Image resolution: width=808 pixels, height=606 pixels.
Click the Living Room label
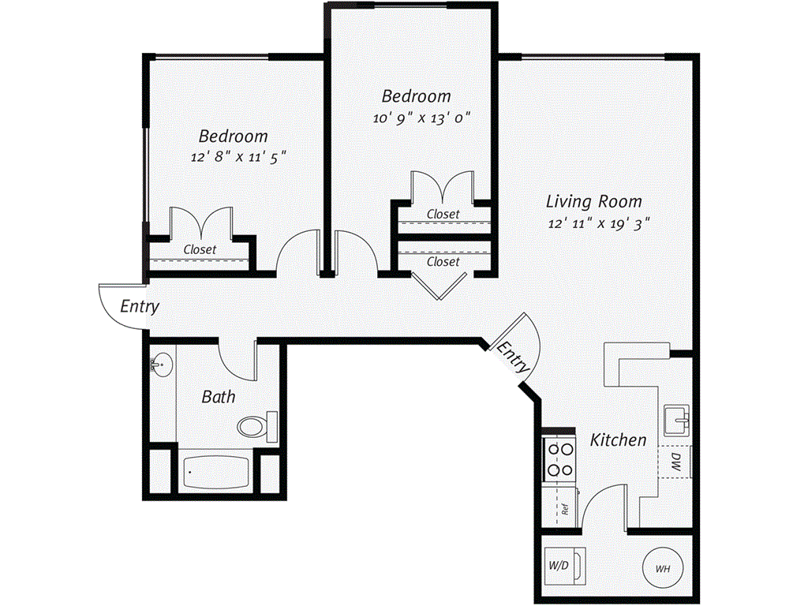[594, 201]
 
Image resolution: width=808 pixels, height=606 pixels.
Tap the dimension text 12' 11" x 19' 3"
[597, 223]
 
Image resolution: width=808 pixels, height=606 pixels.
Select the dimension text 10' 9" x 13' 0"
[422, 119]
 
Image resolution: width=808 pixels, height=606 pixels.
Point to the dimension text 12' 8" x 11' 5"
[238, 156]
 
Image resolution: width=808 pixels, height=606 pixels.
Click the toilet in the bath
[255, 427]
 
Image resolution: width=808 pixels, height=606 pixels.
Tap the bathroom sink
[161, 365]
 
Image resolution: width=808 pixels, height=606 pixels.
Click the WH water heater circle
[661, 567]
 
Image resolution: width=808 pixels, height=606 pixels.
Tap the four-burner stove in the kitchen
[560, 459]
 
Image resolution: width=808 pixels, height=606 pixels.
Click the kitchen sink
[677, 420]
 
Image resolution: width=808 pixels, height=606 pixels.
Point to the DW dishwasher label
[676, 462]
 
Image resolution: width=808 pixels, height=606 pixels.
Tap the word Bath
[218, 396]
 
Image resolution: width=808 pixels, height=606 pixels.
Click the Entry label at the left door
[140, 306]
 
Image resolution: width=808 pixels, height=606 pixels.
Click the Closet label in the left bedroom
[200, 249]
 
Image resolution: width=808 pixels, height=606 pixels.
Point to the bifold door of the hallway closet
[440, 286]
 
